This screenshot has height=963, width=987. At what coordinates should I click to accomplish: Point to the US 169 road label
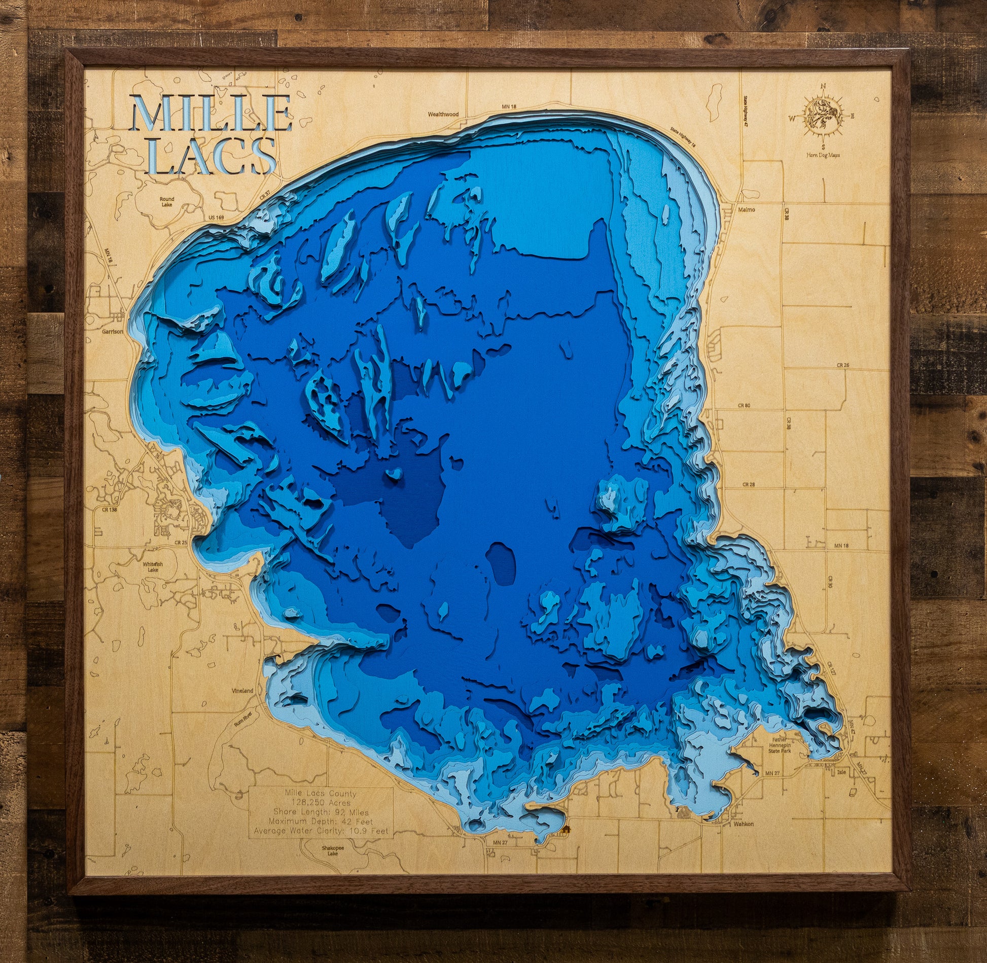click(x=216, y=218)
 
